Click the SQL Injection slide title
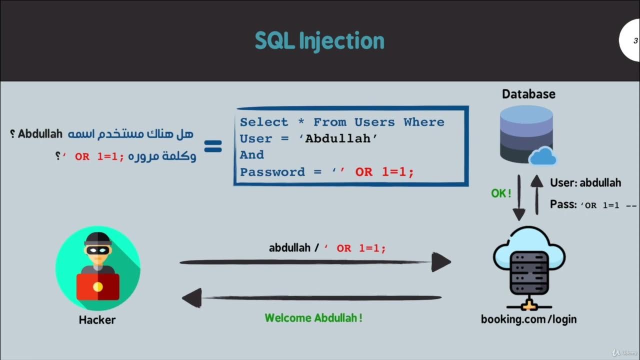319,41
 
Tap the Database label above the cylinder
528,94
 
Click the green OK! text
501,193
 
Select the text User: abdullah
585,183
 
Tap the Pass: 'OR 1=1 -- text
593,204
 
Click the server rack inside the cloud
529,272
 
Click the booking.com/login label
528,319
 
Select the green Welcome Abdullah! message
313,318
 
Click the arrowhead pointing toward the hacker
191,298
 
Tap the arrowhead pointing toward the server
440,262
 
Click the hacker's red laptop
98,286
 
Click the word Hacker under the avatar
97,320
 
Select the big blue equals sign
213,146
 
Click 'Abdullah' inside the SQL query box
341,138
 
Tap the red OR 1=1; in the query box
384,172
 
